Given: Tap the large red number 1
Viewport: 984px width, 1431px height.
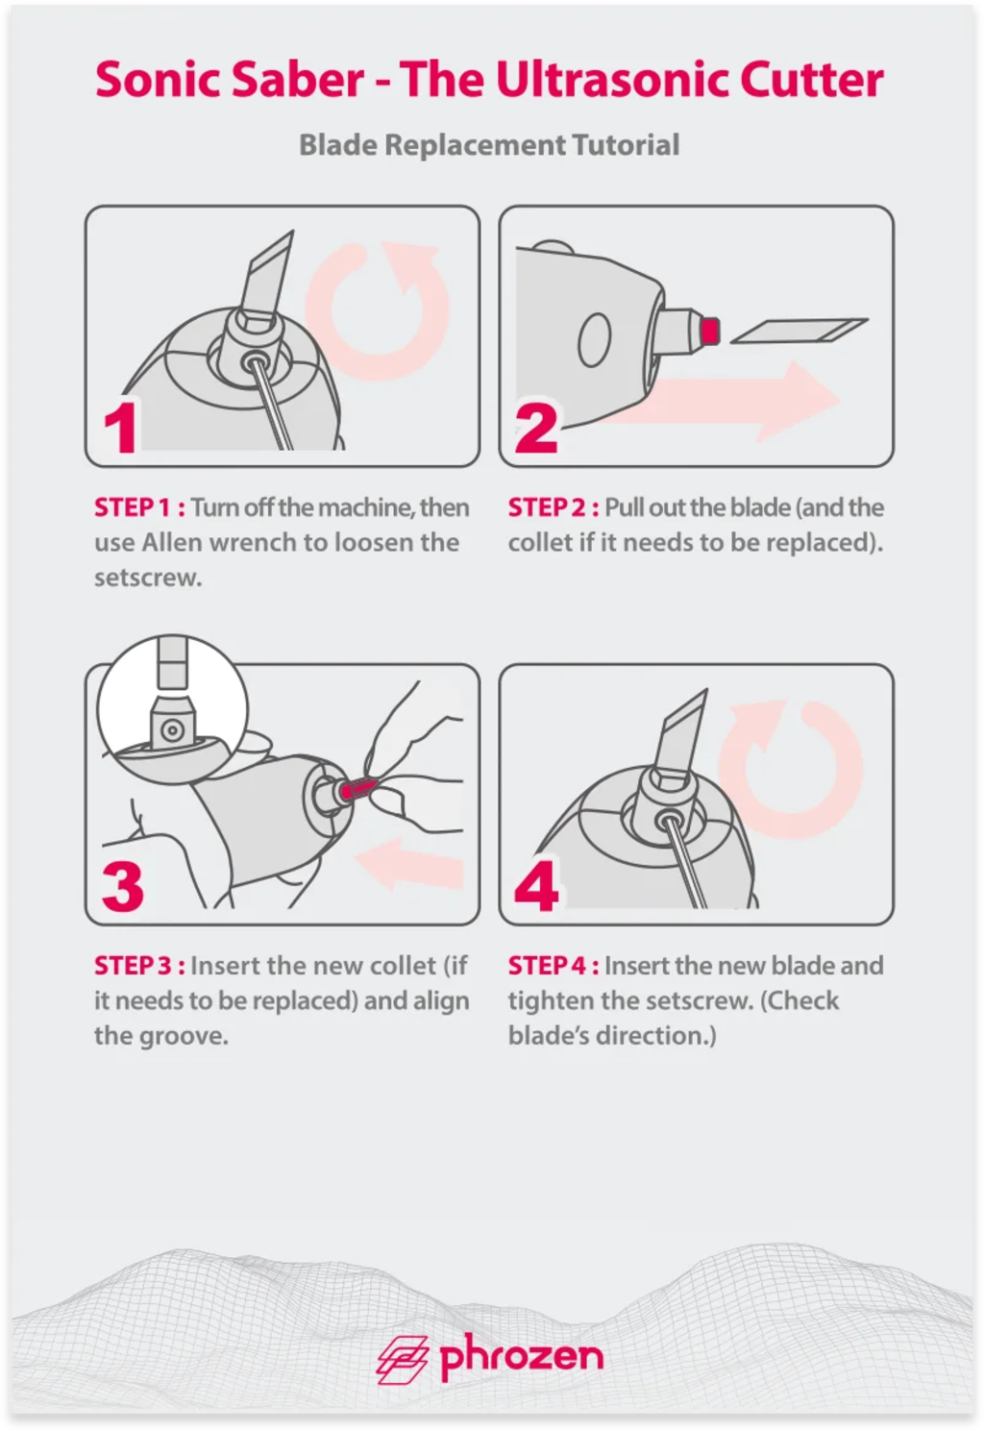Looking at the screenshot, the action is [120, 427].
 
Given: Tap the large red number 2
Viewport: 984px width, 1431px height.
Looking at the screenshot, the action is [535, 427].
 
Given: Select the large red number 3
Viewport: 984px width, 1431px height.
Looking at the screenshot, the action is [123, 885].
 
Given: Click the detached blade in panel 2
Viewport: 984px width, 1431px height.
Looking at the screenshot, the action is [799, 331].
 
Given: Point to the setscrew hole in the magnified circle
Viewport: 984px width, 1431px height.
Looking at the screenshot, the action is [171, 729].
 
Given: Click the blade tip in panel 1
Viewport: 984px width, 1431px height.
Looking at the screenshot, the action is [293, 232].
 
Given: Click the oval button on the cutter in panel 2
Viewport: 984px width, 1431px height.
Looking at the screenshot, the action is [594, 340].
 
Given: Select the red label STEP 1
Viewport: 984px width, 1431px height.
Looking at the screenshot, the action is [140, 507].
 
